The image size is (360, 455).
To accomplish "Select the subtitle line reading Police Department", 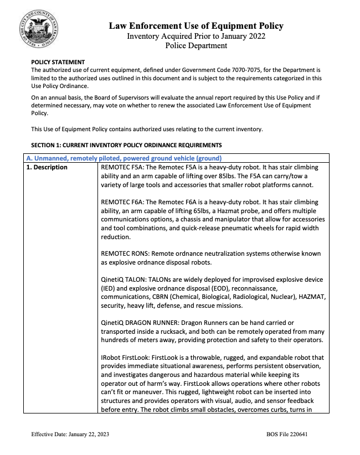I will [x=196, y=46].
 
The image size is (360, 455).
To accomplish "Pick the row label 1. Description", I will [x=48, y=167].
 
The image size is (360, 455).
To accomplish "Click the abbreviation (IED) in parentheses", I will [x=110, y=289].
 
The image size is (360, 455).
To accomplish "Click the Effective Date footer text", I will [x=70, y=435].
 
